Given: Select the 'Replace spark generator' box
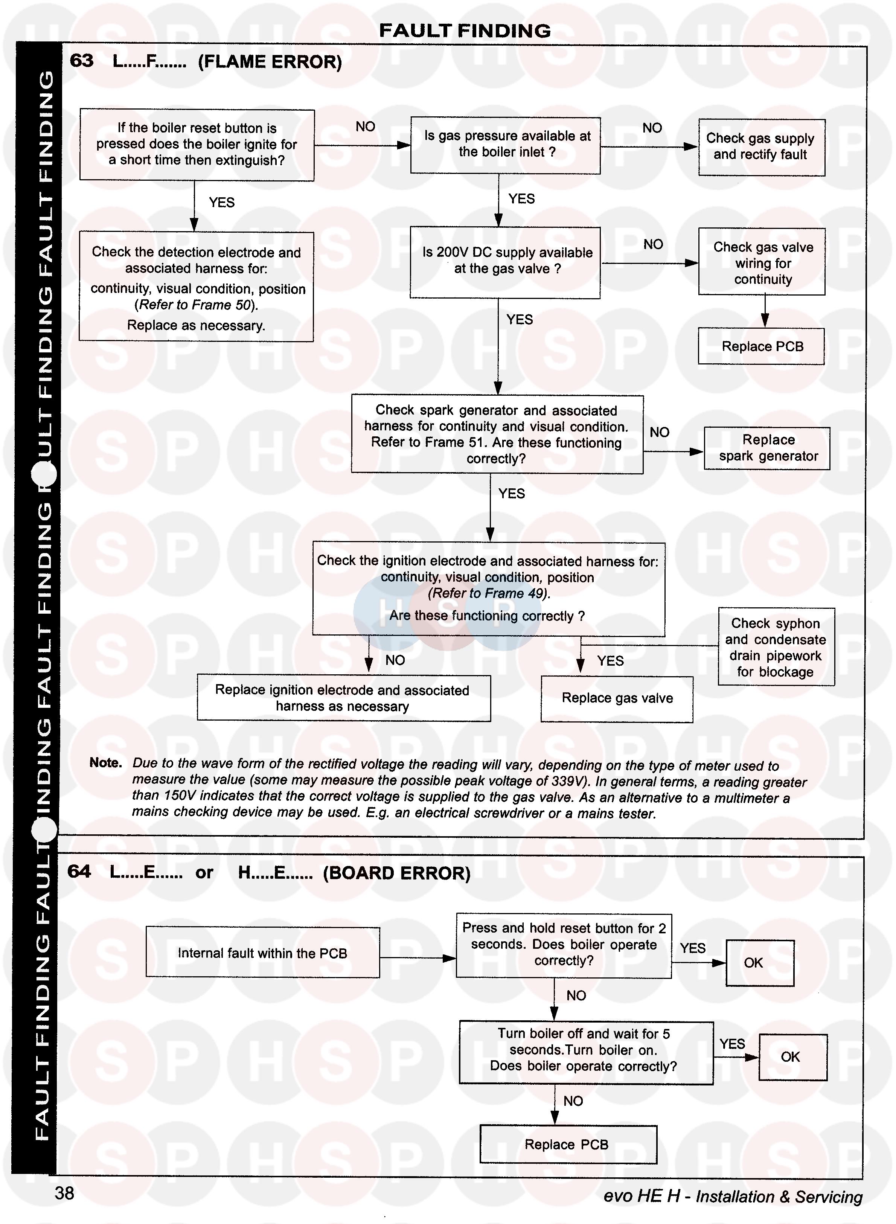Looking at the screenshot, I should tap(767, 448).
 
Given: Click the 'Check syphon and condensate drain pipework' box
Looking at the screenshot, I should tap(776, 647).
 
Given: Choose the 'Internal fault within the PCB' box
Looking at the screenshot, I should tap(262, 953).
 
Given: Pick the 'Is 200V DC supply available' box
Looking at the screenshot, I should tap(505, 262).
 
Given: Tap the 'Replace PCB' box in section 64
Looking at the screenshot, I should tap(567, 1144).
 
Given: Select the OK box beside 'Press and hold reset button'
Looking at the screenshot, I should tap(759, 963).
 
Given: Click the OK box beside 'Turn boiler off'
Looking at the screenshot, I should tap(792, 1057).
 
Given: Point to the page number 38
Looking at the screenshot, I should tap(64, 1193).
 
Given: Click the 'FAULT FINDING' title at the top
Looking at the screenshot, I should tap(465, 31).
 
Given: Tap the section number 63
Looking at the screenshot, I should tap(81, 61).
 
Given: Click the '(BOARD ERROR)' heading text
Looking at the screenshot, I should tap(396, 873).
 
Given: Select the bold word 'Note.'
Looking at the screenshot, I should tap(106, 763).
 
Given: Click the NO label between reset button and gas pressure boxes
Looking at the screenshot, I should tap(365, 127).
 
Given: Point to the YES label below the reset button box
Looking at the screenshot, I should tap(221, 202).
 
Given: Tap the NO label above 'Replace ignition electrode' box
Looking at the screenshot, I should tap(395, 660).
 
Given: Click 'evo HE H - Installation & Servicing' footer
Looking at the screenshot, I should tap(733, 1197).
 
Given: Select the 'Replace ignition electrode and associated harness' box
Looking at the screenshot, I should tap(343, 698).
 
